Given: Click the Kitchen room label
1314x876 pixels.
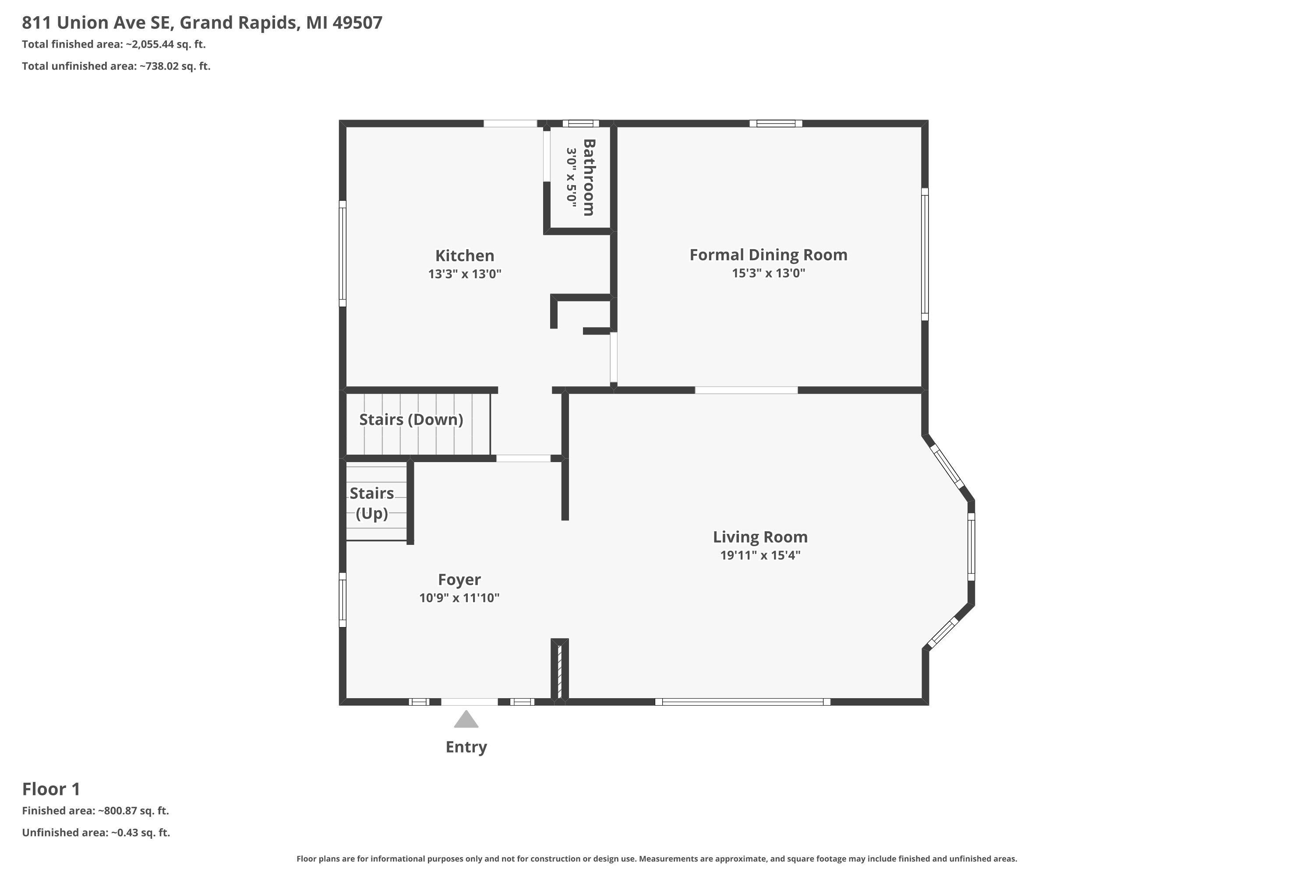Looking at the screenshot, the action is pos(464,256).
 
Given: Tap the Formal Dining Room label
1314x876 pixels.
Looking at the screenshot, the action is pos(768,255).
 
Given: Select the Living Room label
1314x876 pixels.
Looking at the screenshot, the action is pos(760,537).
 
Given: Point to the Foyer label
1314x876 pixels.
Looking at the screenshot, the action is pos(459,580).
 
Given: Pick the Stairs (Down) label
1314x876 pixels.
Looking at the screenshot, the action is pos(411,420).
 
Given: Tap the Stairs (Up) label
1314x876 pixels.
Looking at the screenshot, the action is pos(371,503).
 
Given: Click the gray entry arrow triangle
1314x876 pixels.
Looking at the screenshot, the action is pos(466,720).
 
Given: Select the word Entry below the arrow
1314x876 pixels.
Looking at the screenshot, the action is pos(466,747).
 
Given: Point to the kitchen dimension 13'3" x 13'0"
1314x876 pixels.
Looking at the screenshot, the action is pos(465,274).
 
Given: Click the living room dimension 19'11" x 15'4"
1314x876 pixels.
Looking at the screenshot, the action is pos(760,555).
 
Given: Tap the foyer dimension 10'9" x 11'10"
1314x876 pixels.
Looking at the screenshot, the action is pos(459,598).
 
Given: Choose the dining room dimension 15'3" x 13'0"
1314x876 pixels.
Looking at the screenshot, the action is pos(768,273).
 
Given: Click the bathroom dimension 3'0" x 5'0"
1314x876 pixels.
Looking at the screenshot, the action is pos(571,178).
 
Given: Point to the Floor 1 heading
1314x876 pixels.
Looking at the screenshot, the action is pos(51,789).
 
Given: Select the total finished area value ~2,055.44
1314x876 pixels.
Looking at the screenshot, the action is pos(150,44).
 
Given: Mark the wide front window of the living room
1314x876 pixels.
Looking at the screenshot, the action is pos(742,702).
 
